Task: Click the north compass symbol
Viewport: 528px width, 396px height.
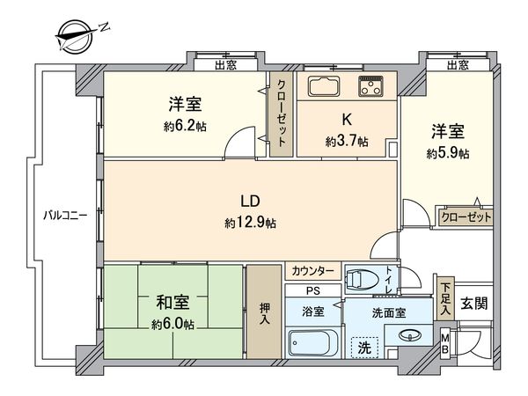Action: (77, 36)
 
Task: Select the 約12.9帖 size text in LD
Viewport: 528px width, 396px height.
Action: (250, 224)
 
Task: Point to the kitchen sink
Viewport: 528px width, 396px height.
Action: (324, 86)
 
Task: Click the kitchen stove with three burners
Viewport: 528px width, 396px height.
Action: (370, 86)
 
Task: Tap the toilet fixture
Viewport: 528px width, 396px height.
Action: (363, 281)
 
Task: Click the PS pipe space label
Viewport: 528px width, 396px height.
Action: (312, 291)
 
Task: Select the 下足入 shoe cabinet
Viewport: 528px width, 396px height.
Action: (444, 297)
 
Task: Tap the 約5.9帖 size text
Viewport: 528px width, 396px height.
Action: (448, 153)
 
